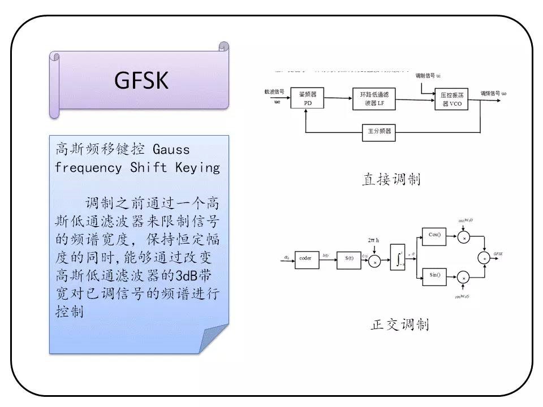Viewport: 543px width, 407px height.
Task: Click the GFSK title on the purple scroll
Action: tap(141, 81)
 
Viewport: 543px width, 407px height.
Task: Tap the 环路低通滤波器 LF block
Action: tap(373, 98)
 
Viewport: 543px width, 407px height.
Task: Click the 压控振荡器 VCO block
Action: tap(452, 98)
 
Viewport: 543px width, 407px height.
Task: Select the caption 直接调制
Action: tap(391, 180)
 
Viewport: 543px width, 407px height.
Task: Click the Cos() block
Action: tap(435, 235)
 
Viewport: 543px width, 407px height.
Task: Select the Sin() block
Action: tap(435, 275)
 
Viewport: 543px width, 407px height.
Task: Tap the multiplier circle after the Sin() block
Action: tap(464, 278)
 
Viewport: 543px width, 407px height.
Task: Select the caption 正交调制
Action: tap(399, 324)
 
